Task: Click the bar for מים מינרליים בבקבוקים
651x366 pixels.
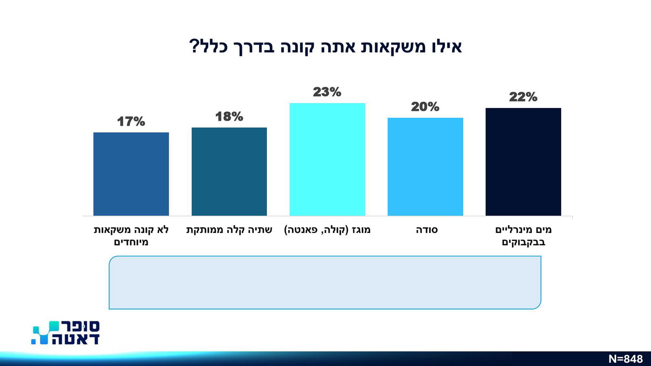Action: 523,162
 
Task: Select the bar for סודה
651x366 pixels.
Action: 425,166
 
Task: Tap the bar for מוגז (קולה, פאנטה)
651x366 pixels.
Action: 327,159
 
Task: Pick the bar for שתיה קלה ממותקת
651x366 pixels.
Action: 229,171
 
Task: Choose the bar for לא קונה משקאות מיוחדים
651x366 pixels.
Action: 131,174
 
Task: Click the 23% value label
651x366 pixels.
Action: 327,92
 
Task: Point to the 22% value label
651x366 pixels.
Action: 523,97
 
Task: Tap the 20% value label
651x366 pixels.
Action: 425,107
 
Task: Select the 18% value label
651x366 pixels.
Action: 229,117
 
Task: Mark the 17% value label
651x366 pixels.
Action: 131,122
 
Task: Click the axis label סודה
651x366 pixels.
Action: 427,230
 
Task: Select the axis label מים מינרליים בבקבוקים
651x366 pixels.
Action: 523,236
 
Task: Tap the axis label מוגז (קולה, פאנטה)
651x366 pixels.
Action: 327,230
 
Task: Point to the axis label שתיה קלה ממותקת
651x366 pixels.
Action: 229,230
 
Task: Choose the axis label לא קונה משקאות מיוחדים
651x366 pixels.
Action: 131,236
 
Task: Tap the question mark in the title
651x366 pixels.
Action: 194,47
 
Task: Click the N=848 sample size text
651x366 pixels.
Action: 625,359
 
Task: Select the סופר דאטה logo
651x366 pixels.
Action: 66,333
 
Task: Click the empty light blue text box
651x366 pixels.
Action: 325,282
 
